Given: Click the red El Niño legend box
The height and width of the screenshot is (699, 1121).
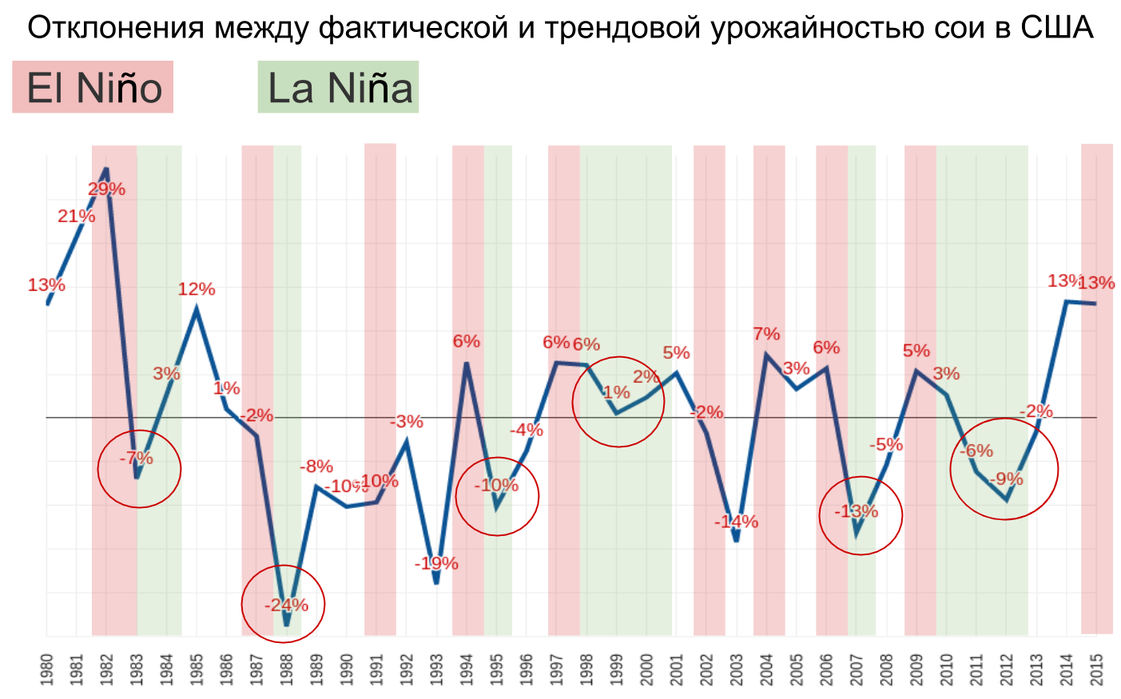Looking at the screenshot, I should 93,87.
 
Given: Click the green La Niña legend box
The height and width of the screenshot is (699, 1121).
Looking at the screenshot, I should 338,87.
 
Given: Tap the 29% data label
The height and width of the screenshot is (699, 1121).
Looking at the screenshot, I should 106,189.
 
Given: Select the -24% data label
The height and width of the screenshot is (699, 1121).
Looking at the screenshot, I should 286,605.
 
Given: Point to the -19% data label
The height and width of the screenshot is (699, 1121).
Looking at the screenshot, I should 436,563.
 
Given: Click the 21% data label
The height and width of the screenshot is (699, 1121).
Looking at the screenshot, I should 76,216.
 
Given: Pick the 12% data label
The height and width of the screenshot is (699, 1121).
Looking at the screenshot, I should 197,289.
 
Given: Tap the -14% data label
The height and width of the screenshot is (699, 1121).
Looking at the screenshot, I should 736,522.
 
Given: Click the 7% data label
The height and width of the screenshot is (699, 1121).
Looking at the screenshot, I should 766,334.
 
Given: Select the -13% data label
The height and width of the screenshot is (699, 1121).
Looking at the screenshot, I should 857,511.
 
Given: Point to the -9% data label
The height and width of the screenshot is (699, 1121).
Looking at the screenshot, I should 1006,479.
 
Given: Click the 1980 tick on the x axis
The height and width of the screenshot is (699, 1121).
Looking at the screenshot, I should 46,669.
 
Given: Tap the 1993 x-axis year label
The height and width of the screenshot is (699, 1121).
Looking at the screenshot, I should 436,669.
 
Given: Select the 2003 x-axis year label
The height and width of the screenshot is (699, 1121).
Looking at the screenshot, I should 737,669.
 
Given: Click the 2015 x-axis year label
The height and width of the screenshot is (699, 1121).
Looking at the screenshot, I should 1097,669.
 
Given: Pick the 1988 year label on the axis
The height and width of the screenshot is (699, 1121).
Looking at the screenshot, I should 286,669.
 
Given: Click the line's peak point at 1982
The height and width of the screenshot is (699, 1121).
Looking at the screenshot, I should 106,169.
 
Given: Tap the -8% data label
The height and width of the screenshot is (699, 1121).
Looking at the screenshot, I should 316,467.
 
